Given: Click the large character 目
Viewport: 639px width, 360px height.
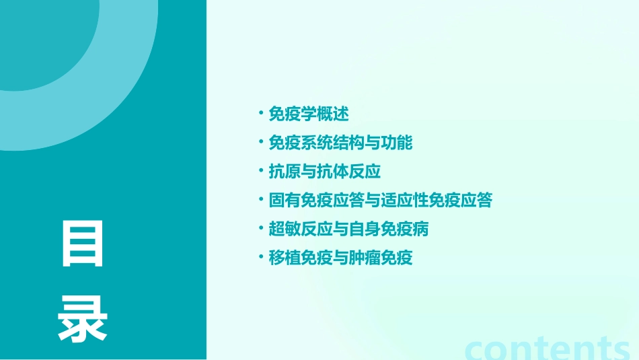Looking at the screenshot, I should [x=83, y=243].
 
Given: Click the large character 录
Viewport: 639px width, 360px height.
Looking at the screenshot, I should [x=83, y=319].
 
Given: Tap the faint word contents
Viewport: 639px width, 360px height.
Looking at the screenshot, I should [x=548, y=349].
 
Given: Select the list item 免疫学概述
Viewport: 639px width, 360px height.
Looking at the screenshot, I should [x=309, y=114].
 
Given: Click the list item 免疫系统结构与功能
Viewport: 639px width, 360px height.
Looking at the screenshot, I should [x=340, y=143].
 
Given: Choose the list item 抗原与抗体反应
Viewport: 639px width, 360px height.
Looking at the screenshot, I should [x=325, y=172].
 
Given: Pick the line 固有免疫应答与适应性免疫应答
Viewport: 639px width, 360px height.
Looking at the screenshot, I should [x=381, y=201].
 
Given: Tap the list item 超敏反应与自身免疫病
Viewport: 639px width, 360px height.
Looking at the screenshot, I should [x=348, y=229].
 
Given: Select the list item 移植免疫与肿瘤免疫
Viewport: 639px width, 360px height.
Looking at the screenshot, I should [x=340, y=258].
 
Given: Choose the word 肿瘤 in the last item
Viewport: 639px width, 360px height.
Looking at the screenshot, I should [x=365, y=258].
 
